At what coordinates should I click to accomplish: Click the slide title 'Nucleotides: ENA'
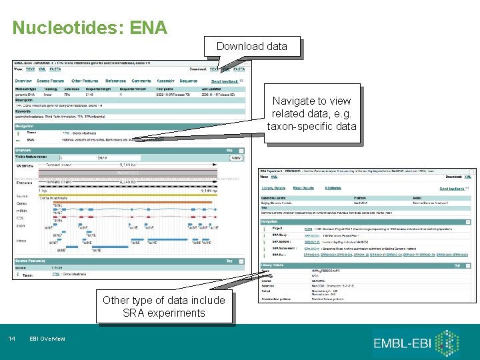click(x=90, y=27)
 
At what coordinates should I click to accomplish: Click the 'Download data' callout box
click(x=251, y=46)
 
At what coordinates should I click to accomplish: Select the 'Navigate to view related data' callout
click(x=311, y=113)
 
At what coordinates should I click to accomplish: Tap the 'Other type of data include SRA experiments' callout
click(x=164, y=307)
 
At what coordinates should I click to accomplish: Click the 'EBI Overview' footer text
click(x=47, y=339)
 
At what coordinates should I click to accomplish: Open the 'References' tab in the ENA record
click(x=115, y=81)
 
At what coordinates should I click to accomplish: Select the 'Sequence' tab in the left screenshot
click(x=189, y=81)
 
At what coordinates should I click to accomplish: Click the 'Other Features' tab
click(x=85, y=81)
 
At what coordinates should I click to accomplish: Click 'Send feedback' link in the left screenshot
click(x=225, y=81)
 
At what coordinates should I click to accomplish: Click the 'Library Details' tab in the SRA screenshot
click(x=273, y=189)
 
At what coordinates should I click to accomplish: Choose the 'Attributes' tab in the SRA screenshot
click(x=333, y=189)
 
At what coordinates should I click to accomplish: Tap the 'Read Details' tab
click(x=303, y=189)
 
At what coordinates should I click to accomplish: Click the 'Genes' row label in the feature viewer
click(x=23, y=203)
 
